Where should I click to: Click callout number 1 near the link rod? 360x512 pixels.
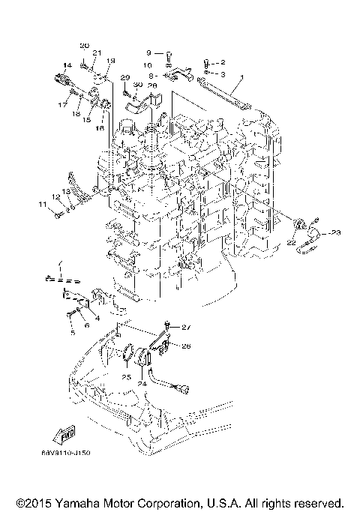pos(242,77)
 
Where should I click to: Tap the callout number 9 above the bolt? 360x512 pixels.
pos(148,52)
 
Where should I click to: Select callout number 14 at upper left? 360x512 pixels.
pos(67,65)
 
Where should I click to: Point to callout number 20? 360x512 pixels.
pos(84,46)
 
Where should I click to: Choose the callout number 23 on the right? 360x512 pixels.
pos(335,233)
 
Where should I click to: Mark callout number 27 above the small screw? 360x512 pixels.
pos(187,328)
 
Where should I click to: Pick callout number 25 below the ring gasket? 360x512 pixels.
pos(126,376)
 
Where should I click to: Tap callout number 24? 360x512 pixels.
pos(140,383)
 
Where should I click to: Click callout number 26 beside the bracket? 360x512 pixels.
pos(187,346)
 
